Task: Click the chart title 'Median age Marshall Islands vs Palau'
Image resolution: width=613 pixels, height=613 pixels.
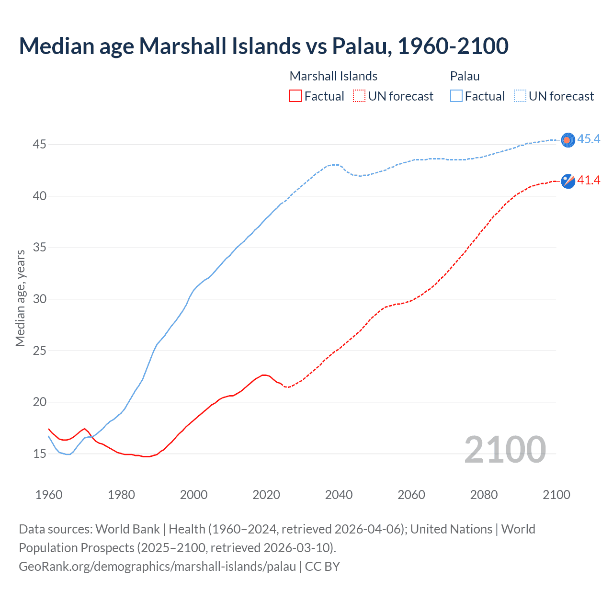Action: (x=263, y=46)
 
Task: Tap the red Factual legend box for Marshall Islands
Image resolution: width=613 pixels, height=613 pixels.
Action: (x=295, y=96)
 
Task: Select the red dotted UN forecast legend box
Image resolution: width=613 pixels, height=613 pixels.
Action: (x=359, y=96)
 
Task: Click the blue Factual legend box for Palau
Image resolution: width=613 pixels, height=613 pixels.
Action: (x=456, y=96)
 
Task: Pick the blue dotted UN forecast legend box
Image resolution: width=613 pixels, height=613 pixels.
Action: (x=520, y=96)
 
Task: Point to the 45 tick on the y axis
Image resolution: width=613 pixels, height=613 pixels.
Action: (x=40, y=144)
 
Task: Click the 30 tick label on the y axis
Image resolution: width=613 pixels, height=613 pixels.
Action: (x=40, y=299)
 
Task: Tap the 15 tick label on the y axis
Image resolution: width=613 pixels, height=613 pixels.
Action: (x=40, y=454)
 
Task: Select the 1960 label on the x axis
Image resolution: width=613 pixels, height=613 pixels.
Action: (x=49, y=495)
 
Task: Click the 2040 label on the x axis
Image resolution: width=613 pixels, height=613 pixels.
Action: (x=339, y=495)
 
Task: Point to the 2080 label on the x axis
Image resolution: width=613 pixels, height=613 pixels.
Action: (x=484, y=495)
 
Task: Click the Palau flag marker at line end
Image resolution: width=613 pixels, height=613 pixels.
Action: (x=568, y=140)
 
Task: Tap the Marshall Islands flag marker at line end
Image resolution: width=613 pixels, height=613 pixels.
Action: (x=568, y=181)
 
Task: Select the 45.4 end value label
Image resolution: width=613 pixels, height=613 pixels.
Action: (x=589, y=139)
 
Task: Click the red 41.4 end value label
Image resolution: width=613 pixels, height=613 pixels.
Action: (x=589, y=181)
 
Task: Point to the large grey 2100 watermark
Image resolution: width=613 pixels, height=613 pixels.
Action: (x=505, y=450)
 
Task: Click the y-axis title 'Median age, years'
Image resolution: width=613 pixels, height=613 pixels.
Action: (x=20, y=298)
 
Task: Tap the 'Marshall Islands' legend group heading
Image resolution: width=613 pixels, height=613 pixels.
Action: (x=333, y=76)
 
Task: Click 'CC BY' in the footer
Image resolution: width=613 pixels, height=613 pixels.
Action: (x=322, y=567)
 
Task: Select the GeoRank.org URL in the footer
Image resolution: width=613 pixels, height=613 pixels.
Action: (x=157, y=567)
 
